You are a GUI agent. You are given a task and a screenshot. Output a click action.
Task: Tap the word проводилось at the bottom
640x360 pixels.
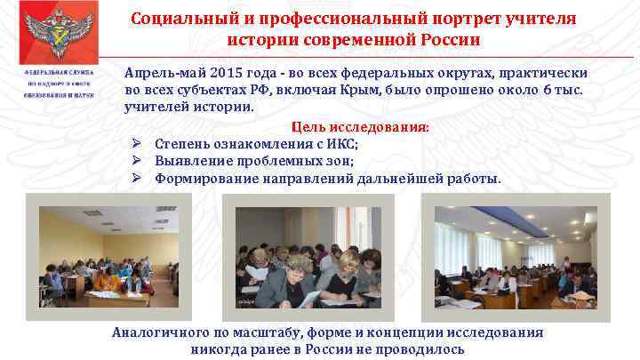coord(420,349)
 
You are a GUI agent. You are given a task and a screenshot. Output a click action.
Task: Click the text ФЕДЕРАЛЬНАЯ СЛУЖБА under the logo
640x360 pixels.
coord(61,73)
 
